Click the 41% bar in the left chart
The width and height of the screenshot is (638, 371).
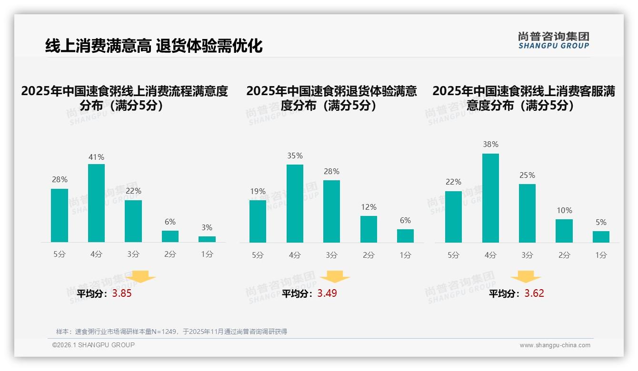coord(96,203)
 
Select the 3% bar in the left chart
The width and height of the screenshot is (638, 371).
coord(207,239)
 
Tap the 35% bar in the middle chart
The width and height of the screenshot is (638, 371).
coord(295,204)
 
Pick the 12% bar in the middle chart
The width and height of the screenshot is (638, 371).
coord(369,229)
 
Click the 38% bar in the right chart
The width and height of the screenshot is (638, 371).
coord(490,198)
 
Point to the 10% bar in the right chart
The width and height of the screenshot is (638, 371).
coord(564,231)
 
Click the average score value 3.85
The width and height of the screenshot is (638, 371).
coord(122,293)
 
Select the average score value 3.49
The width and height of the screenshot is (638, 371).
coord(327,293)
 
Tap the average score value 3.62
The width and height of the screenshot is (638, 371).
coord(534,293)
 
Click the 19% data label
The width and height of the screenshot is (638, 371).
coord(258,191)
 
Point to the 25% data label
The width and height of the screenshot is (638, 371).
coord(527,175)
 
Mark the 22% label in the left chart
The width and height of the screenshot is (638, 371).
coord(133,191)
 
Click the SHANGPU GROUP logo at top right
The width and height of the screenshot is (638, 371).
coord(553,40)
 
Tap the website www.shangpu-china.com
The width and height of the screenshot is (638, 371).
coord(555,345)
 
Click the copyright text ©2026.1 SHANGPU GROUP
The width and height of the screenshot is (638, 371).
coord(93,345)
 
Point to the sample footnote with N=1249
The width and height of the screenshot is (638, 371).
coord(171,332)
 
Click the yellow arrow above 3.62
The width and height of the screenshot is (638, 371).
coord(526,277)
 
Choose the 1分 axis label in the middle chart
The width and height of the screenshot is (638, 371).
coord(405,255)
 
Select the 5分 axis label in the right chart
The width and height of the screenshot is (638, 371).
coord(453,255)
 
